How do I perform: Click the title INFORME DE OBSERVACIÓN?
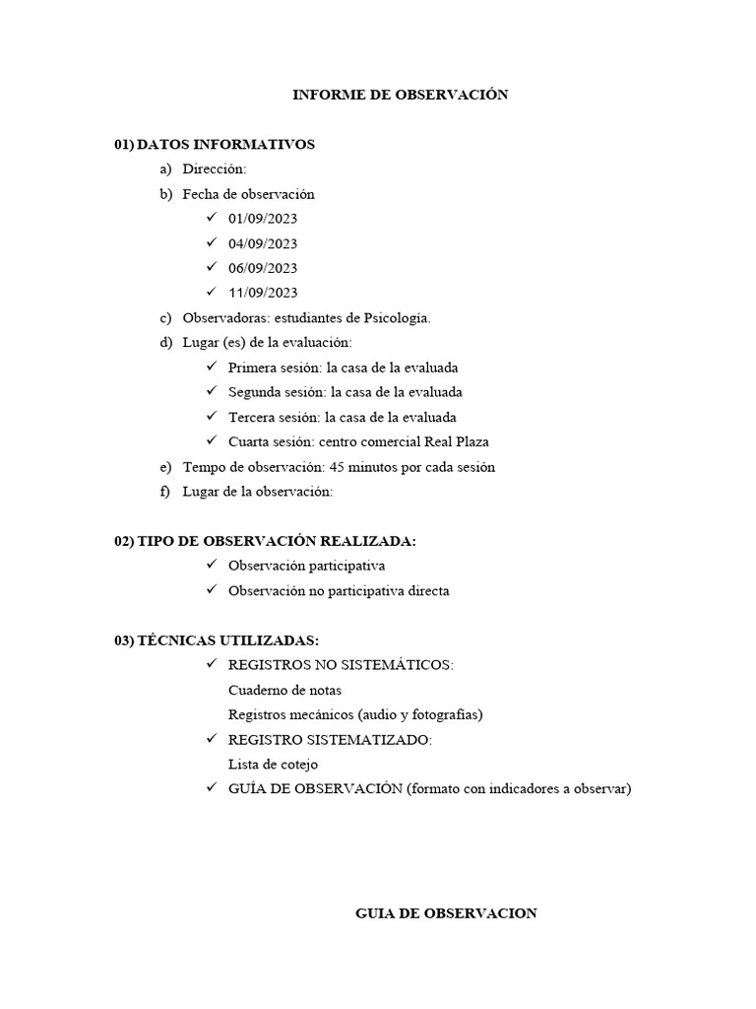pos(401,96)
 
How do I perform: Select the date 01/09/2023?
pos(263,219)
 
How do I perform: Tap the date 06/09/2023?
pos(263,268)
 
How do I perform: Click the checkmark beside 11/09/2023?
pos(212,293)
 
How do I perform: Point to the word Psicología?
pos(399,318)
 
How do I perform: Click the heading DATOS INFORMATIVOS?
pos(225,145)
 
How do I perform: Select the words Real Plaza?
pos(456,442)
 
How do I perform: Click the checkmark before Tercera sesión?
pos(212,417)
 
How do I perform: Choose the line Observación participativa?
pos(306,567)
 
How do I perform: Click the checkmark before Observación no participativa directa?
pos(212,591)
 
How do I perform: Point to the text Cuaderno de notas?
pos(284,691)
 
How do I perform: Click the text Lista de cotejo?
pos(273,765)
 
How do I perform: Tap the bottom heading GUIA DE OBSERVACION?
pos(446,913)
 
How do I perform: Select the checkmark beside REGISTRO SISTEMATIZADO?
pos(212,739)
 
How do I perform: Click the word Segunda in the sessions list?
pos(254,392)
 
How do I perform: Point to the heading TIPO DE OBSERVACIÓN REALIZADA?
pos(276,541)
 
